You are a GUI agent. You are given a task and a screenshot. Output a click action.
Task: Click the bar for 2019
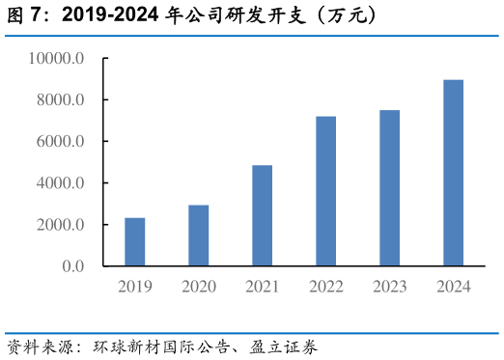(x=135, y=241)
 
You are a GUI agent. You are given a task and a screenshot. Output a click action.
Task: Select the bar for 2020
(x=199, y=235)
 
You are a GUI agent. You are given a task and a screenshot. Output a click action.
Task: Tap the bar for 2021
(x=262, y=215)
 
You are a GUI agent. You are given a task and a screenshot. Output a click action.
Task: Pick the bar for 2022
(x=325, y=191)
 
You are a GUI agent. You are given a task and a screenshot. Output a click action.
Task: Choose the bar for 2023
(x=389, y=188)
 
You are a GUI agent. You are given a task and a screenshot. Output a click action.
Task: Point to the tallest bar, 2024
(x=453, y=173)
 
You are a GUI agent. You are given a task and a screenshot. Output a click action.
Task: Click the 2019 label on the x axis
(x=135, y=287)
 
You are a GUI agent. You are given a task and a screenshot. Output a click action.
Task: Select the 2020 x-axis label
(x=199, y=287)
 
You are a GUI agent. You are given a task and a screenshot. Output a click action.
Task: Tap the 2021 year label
(x=262, y=287)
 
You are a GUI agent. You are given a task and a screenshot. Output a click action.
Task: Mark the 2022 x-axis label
(x=325, y=287)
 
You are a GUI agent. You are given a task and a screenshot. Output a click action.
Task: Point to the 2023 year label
(x=389, y=287)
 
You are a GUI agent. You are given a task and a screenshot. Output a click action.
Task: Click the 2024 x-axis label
(x=453, y=287)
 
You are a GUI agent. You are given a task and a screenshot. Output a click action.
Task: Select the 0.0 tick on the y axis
(x=73, y=266)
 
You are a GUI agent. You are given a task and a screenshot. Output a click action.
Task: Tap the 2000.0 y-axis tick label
(x=62, y=225)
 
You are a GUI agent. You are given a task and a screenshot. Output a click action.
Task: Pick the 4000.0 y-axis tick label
(x=62, y=183)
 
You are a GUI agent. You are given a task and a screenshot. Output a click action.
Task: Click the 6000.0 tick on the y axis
(x=62, y=142)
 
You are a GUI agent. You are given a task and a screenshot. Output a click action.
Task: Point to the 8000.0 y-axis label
(x=62, y=100)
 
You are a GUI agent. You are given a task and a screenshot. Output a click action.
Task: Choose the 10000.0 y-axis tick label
(x=58, y=59)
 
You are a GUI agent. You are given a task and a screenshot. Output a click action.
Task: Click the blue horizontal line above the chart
(x=252, y=36)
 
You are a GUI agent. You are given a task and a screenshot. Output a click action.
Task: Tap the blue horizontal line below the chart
(x=252, y=333)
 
